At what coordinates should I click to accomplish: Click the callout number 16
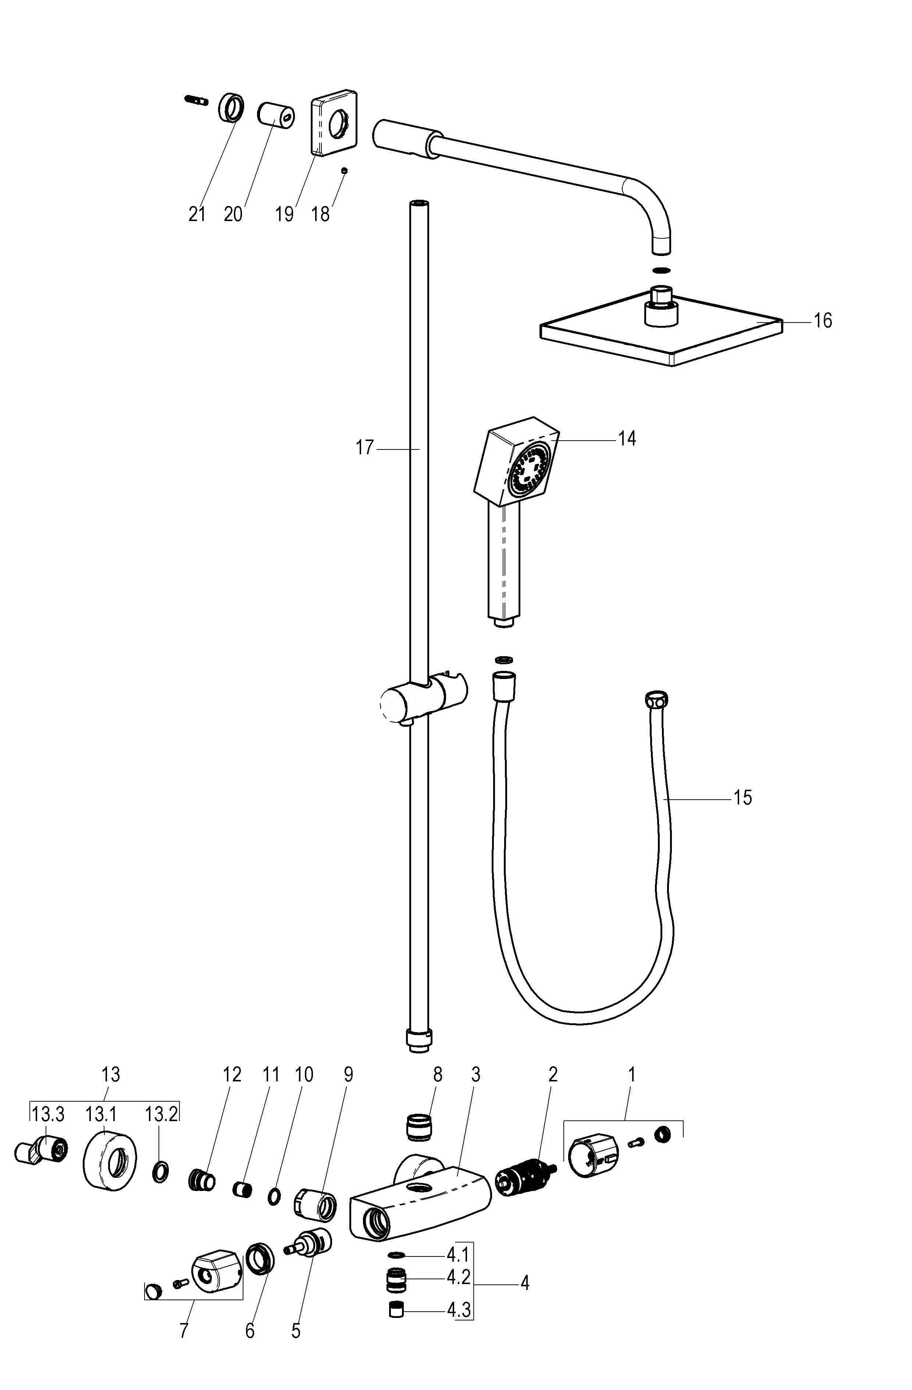point(822,321)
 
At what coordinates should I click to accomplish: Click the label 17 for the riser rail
point(364,448)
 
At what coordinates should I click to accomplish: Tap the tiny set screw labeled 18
point(345,171)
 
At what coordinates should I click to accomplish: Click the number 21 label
point(197,214)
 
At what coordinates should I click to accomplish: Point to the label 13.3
point(48,1115)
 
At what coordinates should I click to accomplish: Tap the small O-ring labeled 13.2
point(161,1172)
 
